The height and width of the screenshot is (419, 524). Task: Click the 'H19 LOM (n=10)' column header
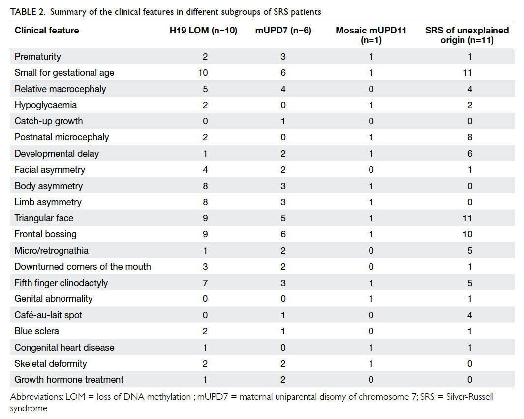click(203, 31)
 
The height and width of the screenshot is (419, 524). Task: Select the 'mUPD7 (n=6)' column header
click(283, 31)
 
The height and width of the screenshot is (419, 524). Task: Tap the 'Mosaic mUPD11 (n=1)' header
click(371, 35)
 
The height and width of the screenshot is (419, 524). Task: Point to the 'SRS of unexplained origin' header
click(467, 35)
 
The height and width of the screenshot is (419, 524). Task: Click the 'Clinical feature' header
click(47, 31)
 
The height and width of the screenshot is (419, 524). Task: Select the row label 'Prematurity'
click(38, 57)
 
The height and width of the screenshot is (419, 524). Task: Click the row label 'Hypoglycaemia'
click(46, 105)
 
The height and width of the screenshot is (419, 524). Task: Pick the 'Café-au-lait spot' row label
click(48, 315)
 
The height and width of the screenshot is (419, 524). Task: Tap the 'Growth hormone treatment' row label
click(69, 380)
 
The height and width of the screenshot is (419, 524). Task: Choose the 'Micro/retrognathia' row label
click(52, 251)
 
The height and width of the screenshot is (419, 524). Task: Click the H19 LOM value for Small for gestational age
click(203, 73)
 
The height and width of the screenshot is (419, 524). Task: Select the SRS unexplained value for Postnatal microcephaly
click(470, 137)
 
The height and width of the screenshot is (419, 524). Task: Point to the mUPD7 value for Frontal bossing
click(283, 234)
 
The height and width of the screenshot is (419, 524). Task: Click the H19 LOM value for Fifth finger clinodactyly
click(205, 283)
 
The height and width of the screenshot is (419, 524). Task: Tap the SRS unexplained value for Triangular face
click(467, 218)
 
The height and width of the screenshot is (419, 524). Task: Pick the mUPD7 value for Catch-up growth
click(283, 121)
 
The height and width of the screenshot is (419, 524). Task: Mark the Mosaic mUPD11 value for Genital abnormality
click(371, 299)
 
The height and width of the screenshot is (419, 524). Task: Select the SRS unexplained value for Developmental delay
click(470, 154)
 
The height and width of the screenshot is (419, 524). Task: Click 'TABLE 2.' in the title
click(28, 12)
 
